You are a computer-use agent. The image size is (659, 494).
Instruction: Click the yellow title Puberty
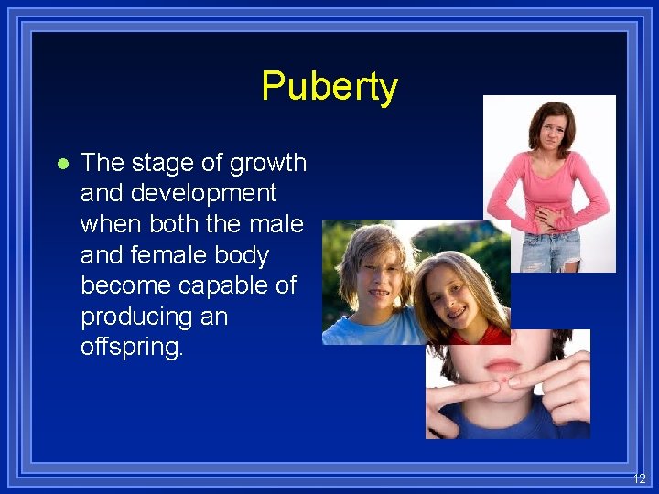coord(329,87)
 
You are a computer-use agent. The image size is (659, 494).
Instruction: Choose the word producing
coord(139,317)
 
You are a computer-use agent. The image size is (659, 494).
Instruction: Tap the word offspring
coord(131,349)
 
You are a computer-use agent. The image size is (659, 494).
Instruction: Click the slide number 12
coord(639,478)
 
